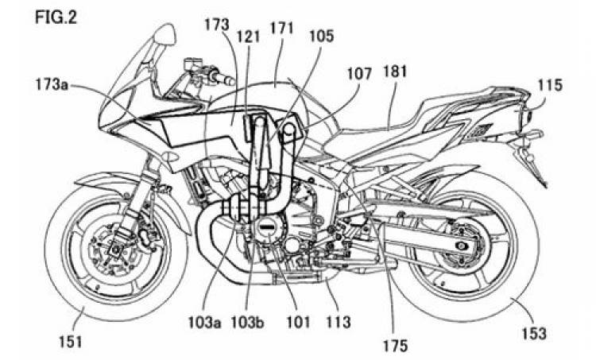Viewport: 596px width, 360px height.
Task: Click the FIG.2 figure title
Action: (56, 17)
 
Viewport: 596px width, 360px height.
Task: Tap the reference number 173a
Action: (52, 85)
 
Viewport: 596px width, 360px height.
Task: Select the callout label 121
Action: (248, 37)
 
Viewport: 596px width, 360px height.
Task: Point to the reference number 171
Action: (281, 29)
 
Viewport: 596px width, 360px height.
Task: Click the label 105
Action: (321, 36)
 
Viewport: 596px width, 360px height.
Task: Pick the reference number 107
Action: (359, 73)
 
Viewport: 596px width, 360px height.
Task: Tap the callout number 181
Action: (395, 72)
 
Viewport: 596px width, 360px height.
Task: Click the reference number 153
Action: (534, 334)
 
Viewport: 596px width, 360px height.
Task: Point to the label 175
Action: (394, 346)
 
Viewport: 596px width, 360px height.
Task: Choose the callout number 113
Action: (339, 323)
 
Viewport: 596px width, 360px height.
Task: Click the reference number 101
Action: (298, 323)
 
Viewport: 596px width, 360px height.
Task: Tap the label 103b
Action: (248, 323)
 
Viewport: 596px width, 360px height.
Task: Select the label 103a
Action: (205, 323)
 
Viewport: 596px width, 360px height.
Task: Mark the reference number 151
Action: (70, 341)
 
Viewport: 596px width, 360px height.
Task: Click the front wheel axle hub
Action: (114, 250)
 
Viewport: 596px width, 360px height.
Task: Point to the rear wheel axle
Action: (462, 246)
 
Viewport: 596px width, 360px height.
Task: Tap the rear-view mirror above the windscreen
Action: (165, 34)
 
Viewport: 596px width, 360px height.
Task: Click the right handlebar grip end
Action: (229, 80)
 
